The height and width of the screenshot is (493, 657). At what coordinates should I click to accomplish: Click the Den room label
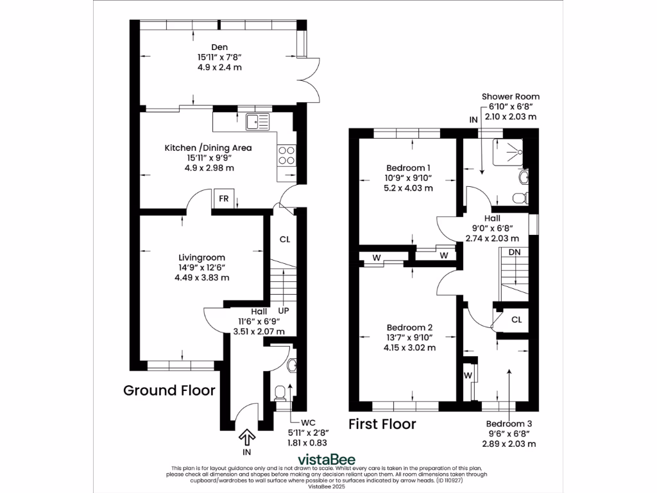(219, 46)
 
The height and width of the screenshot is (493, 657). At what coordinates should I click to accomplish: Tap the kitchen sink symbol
(259, 120)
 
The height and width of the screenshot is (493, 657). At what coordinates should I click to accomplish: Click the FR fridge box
(224, 198)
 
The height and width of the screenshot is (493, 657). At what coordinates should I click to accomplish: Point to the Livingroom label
(201, 257)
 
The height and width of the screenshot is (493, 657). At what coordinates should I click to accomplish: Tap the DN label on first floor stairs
(515, 252)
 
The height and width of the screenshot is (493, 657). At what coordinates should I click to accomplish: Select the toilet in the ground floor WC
(280, 392)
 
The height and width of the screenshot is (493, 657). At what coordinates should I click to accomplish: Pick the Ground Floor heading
(169, 390)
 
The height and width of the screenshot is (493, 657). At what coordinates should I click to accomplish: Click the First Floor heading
(382, 424)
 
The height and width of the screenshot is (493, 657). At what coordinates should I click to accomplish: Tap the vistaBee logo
(328, 459)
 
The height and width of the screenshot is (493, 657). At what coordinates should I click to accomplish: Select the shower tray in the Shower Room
(508, 151)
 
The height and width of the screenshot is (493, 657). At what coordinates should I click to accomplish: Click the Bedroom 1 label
(408, 168)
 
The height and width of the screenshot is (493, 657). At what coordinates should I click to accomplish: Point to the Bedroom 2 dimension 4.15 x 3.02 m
(409, 347)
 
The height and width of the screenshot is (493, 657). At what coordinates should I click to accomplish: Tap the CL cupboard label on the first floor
(516, 319)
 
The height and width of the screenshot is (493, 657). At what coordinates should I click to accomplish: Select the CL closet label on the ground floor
(285, 239)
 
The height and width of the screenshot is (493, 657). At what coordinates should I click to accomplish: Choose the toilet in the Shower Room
(522, 196)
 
